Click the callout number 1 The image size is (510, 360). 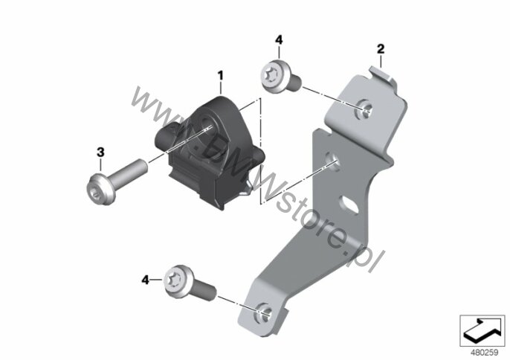coord(221,76)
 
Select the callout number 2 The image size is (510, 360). coord(381,49)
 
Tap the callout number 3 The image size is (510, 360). coord(100,152)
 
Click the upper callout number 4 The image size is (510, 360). coord(279,40)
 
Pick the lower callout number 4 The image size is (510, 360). coord(145,280)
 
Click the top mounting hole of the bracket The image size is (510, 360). coord(364,109)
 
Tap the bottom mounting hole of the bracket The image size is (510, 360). coord(265,313)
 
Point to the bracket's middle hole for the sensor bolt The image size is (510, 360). coord(333,161)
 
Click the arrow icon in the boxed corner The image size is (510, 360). coord(482,330)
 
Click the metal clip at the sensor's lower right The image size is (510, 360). coord(247,190)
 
